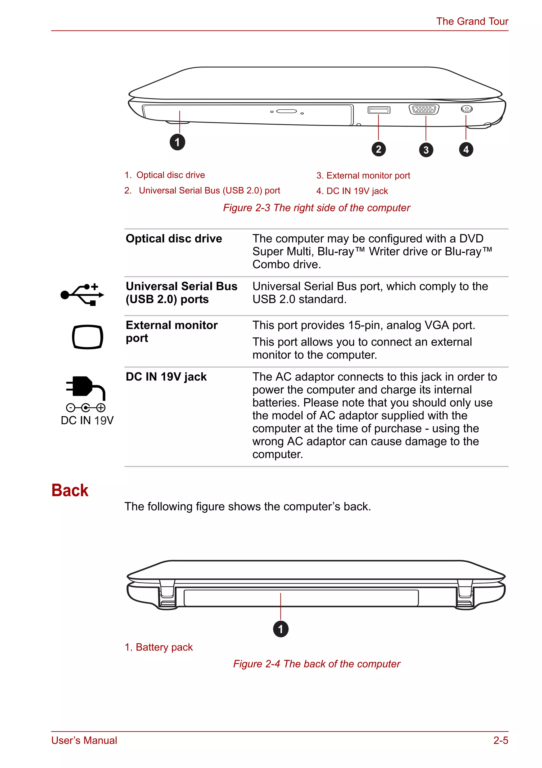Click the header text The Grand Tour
click(x=472, y=21)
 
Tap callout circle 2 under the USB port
click(x=378, y=149)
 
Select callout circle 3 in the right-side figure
click(x=426, y=150)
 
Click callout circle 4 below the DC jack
click(x=466, y=150)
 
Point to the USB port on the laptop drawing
click(x=378, y=110)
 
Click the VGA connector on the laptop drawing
click(x=424, y=109)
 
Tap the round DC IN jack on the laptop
click(x=466, y=109)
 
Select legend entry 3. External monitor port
click(x=363, y=176)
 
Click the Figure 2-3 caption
click(x=316, y=208)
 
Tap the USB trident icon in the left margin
click(x=82, y=295)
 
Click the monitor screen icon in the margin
click(x=88, y=337)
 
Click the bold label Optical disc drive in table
click(x=174, y=239)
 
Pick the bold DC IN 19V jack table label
click(x=166, y=377)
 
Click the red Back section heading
click(x=70, y=490)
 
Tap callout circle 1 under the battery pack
click(x=281, y=629)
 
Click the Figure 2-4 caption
click(x=316, y=664)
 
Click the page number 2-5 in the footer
click(x=500, y=740)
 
